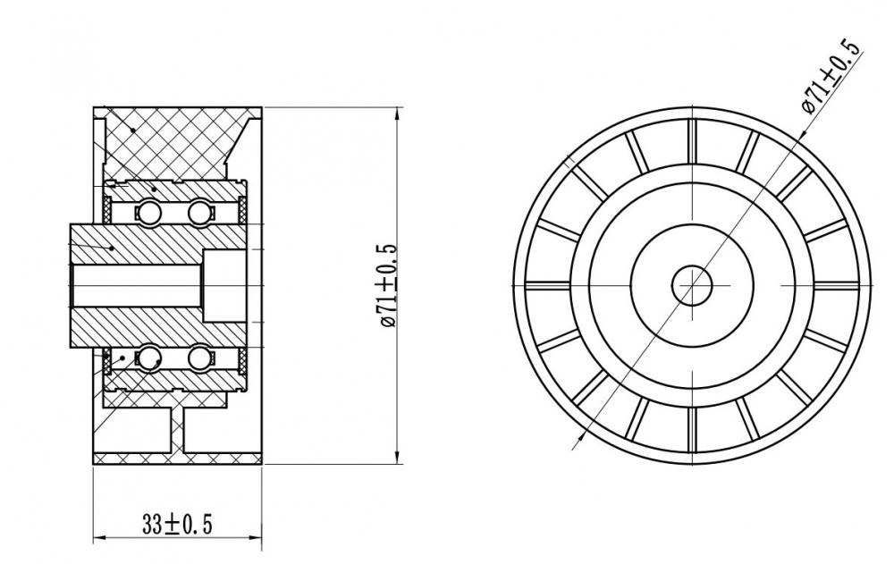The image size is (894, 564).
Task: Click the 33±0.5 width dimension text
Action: click(177, 508)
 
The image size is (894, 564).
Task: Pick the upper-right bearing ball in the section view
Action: click(199, 213)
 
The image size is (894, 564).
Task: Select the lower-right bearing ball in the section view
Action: click(199, 358)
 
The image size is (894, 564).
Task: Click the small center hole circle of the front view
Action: click(692, 285)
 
